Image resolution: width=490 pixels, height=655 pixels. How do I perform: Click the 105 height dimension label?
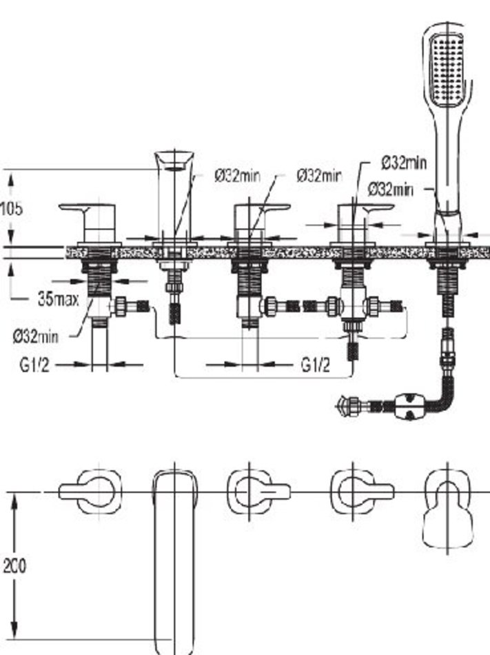pyautogui.click(x=11, y=208)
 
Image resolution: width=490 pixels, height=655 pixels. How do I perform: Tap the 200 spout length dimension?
pyautogui.click(x=14, y=566)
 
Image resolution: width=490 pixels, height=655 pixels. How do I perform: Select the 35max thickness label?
pyautogui.click(x=58, y=299)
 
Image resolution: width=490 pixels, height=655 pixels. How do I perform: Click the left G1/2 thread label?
pyautogui.click(x=34, y=365)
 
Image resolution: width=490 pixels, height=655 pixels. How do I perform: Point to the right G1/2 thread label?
pyautogui.click(x=315, y=365)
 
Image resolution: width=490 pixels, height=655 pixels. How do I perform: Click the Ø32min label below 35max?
pyautogui.click(x=35, y=336)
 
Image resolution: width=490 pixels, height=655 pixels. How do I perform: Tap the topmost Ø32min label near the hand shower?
pyautogui.click(x=404, y=163)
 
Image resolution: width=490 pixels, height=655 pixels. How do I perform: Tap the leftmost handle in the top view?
pyautogui.click(x=90, y=492)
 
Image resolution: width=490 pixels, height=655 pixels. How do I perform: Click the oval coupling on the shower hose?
pyautogui.click(x=409, y=405)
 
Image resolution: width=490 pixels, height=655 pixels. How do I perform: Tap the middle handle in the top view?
pyautogui.click(x=258, y=492)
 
